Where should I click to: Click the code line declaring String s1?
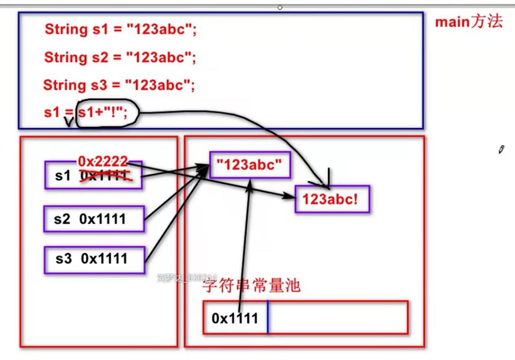click(x=120, y=29)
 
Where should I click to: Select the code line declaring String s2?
click(x=120, y=58)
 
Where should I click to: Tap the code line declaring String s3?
click(x=119, y=85)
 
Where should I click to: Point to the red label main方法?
click(x=468, y=22)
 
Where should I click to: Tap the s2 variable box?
click(x=94, y=219)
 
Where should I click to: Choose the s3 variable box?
click(x=94, y=259)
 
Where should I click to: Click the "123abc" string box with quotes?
click(x=250, y=165)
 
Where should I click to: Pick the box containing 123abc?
click(x=332, y=199)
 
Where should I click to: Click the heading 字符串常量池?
click(x=251, y=286)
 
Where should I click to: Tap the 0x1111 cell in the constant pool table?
click(x=235, y=318)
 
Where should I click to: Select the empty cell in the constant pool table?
click(x=337, y=318)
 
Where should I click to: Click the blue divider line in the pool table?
click(x=268, y=318)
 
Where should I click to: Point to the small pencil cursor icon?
click(x=501, y=150)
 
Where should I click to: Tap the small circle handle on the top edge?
click(x=280, y=7)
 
